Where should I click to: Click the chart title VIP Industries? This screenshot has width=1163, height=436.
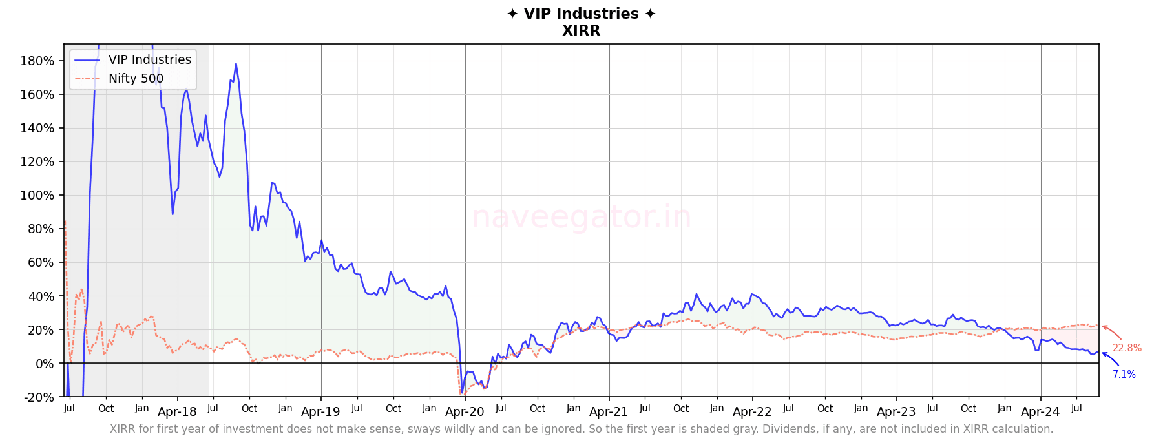coord(581,14)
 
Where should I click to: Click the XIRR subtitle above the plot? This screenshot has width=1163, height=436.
coord(581,30)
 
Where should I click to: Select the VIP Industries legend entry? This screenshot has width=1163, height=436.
coord(149,60)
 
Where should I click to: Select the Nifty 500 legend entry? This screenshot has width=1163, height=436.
coord(136,79)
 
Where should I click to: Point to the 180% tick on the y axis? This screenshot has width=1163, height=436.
coord(37,61)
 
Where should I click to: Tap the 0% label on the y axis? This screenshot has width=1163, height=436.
coord(45,364)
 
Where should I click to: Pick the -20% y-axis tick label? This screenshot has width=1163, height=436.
coord(39,397)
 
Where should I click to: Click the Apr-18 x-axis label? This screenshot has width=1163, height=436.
coord(177,412)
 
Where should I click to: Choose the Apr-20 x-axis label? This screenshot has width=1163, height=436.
coord(465,412)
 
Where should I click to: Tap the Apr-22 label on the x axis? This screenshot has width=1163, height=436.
coord(752,412)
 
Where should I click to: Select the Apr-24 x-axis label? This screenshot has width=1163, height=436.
coord(1040,412)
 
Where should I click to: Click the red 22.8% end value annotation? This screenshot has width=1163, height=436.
coord(1127,348)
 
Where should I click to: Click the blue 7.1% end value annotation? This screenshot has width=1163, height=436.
coord(1124,375)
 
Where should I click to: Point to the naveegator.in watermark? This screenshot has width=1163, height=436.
coord(581,217)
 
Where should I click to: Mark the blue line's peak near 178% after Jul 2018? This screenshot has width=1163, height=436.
coord(236,64)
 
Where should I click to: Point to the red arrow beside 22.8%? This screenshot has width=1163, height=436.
coord(1112,332)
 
